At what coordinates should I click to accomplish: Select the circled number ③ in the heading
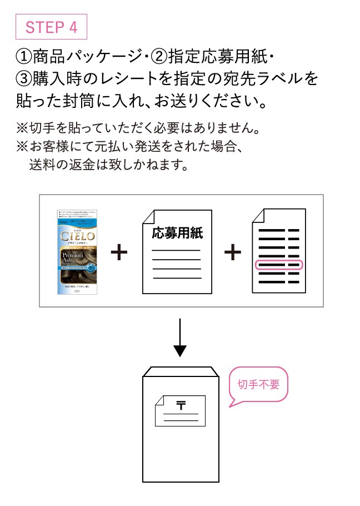[25, 78]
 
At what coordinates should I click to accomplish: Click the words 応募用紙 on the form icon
[177, 232]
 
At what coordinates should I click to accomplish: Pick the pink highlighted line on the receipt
[278, 265]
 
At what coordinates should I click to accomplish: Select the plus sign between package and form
[119, 252]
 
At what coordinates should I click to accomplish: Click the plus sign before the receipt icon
[233, 252]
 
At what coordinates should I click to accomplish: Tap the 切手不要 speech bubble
[259, 385]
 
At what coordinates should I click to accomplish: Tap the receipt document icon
[278, 251]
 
